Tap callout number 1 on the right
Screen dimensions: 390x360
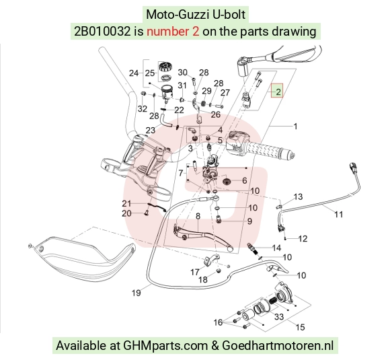(295, 127)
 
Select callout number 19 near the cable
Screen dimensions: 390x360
(136, 293)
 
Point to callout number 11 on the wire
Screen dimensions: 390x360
(338, 214)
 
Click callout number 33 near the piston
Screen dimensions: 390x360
(279, 316)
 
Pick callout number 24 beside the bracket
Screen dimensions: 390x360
(134, 73)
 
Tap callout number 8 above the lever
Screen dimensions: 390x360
(198, 216)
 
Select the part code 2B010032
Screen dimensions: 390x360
(102, 32)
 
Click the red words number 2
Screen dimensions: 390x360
(173, 32)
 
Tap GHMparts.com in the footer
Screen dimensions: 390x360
(165, 345)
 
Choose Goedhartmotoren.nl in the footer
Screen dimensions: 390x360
(277, 345)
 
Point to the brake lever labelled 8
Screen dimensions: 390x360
(202, 234)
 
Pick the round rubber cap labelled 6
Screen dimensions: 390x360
(227, 182)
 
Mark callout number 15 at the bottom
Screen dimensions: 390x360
(300, 327)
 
